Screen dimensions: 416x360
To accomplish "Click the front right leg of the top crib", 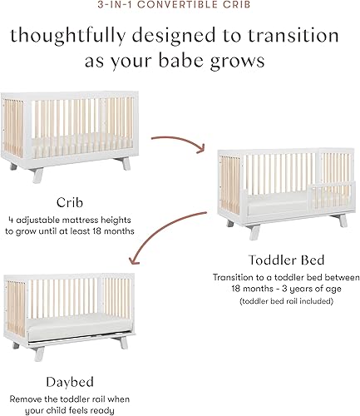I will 126,164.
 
